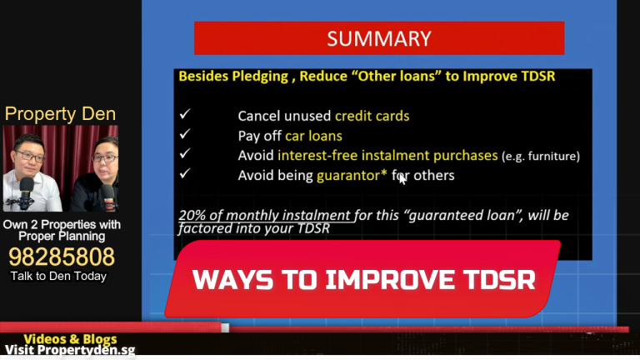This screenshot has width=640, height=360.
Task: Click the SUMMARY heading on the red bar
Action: tap(379, 38)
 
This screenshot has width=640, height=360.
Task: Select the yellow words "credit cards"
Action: tap(372, 116)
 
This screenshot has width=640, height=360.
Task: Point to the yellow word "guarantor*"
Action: tap(352, 175)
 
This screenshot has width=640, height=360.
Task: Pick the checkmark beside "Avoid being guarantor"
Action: tap(184, 174)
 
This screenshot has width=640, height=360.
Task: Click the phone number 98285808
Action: tap(61, 257)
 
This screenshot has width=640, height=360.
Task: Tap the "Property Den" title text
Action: tap(60, 113)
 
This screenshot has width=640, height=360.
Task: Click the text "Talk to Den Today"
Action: tap(58, 276)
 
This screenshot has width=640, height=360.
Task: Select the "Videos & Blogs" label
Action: tap(70, 339)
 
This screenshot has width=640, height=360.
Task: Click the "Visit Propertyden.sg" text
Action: tap(70, 351)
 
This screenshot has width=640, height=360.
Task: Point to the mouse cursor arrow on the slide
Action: tap(402, 177)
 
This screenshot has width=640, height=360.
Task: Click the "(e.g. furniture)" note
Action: tap(540, 156)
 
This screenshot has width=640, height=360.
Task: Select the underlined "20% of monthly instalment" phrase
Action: tap(266, 215)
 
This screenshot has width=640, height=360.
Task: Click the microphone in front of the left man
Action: tap(26, 190)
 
